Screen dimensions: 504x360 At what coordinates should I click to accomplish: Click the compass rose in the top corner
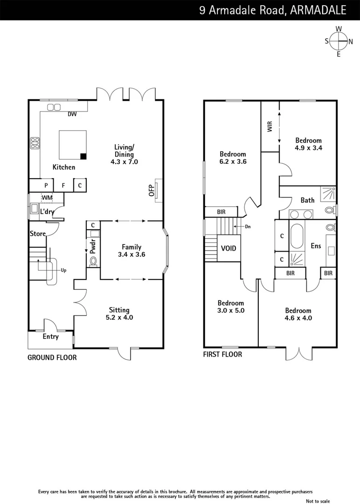point(339,42)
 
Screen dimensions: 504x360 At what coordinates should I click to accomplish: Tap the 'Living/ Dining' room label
point(124,154)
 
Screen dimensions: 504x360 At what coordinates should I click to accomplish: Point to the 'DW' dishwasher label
point(72,114)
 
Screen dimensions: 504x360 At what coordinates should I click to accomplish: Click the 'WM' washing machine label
point(47,198)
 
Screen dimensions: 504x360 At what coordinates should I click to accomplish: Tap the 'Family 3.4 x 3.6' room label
point(132,251)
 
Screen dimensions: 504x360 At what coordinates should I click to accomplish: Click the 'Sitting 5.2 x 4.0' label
point(119,314)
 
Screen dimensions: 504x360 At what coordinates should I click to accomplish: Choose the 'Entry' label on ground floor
point(50,336)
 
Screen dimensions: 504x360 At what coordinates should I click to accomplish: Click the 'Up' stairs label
point(64,270)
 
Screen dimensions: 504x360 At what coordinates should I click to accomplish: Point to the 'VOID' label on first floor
point(228,248)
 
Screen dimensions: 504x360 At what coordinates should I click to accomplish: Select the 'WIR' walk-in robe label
point(270,127)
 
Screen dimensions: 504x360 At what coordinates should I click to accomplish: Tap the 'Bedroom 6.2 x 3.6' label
point(233,158)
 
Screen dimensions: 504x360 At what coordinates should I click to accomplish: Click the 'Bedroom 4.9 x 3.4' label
point(308,144)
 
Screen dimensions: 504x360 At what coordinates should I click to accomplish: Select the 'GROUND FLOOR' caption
point(52,357)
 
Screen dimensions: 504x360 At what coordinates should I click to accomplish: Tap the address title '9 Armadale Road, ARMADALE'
point(273,10)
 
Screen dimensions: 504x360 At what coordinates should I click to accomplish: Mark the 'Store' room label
point(37,233)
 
